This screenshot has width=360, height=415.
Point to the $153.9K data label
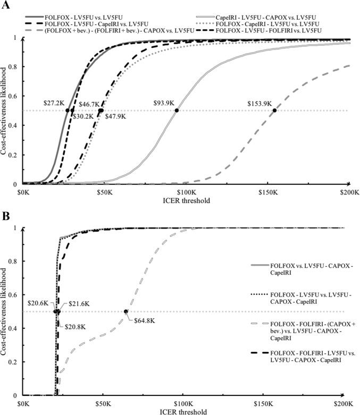pyautogui.click(x=260, y=103)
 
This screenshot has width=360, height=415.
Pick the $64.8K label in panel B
pyautogui.click(x=135, y=321)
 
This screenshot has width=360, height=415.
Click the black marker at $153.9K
pyautogui.click(x=274, y=111)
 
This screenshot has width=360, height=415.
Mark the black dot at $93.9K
pyautogui.click(x=177, y=111)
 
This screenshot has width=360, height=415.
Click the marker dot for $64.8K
pyautogui.click(x=126, y=311)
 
